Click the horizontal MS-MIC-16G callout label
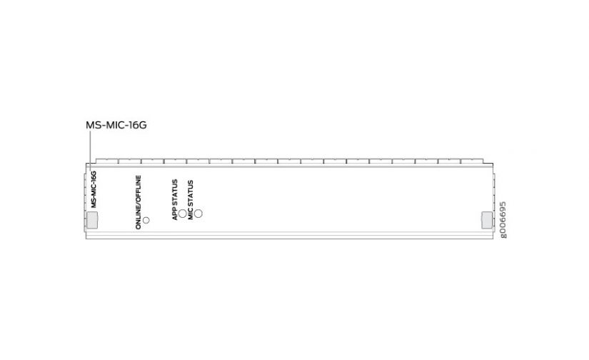pyautogui.click(x=116, y=124)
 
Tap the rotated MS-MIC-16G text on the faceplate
pyautogui.click(x=94, y=190)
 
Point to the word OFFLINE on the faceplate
pyautogui.click(x=139, y=187)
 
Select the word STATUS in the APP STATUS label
pyautogui.click(x=175, y=194)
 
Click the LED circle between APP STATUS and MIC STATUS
pyautogui.click(x=183, y=214)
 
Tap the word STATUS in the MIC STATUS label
pyautogui.click(x=191, y=196)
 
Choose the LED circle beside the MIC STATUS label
pyautogui.click(x=199, y=214)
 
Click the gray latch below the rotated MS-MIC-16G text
pyautogui.click(x=92, y=220)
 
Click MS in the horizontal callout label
pyautogui.click(x=93, y=124)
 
